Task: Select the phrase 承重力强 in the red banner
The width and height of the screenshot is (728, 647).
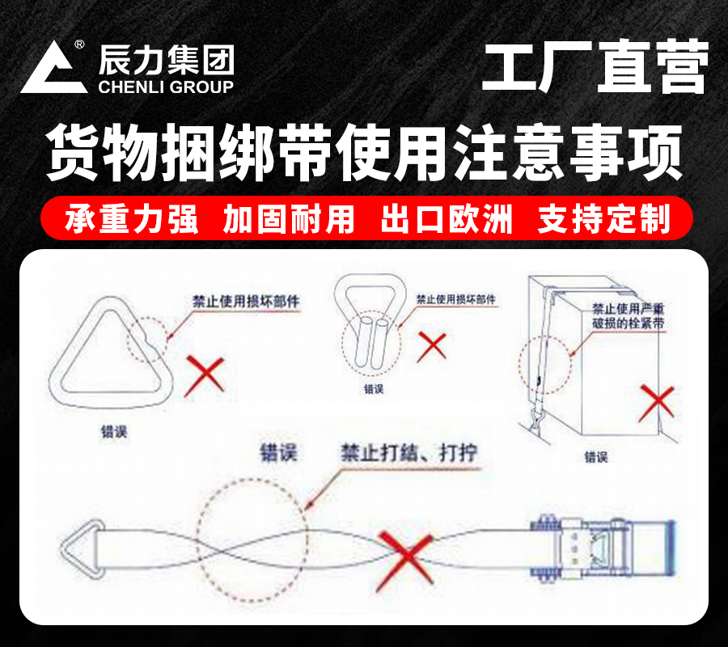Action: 132,219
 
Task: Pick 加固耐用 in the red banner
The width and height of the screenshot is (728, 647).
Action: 289,219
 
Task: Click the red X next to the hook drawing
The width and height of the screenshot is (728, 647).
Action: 434,346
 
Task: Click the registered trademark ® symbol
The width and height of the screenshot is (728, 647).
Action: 79,46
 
